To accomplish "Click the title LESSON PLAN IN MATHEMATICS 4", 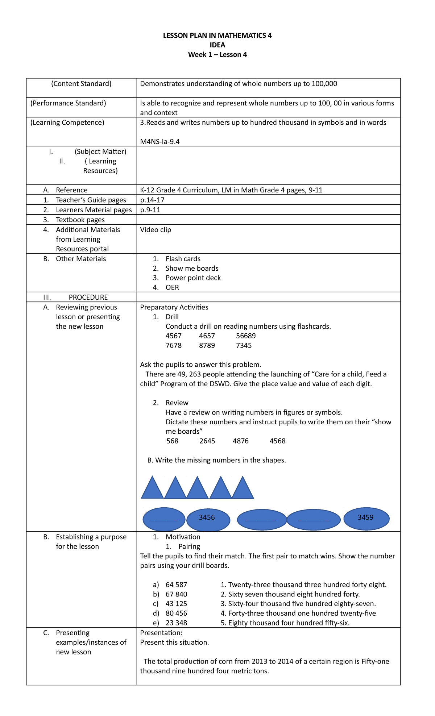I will (x=217, y=36).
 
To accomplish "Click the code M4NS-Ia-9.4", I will (x=160, y=142).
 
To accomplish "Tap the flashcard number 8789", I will (x=207, y=345).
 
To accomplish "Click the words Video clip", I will (x=156, y=230).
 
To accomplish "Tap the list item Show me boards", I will (x=192, y=268).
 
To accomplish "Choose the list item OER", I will (x=172, y=287).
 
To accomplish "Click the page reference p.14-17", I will (x=152, y=200).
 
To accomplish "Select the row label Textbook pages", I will (x=80, y=220).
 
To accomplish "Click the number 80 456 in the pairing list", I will (x=176, y=613).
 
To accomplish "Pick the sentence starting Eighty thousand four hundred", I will (x=289, y=623).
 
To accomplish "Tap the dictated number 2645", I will (x=207, y=441).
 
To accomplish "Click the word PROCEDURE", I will (x=88, y=297).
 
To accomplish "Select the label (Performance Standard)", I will (x=68, y=103).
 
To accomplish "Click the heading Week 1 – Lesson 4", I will (x=217, y=55).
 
